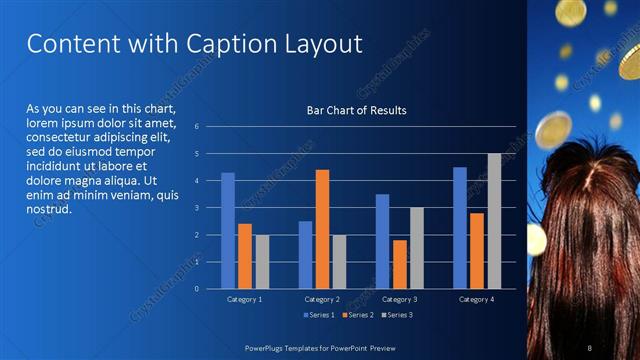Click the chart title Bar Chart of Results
pos(356,110)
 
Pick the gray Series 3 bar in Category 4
pos(494,221)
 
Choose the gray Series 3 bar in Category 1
pos(262,262)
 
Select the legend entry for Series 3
pos(397,315)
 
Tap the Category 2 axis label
pos(322,299)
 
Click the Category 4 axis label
pos(477,299)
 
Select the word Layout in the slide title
pos(316,44)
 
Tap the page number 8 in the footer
pos(590,346)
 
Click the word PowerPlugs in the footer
pos(268,346)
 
